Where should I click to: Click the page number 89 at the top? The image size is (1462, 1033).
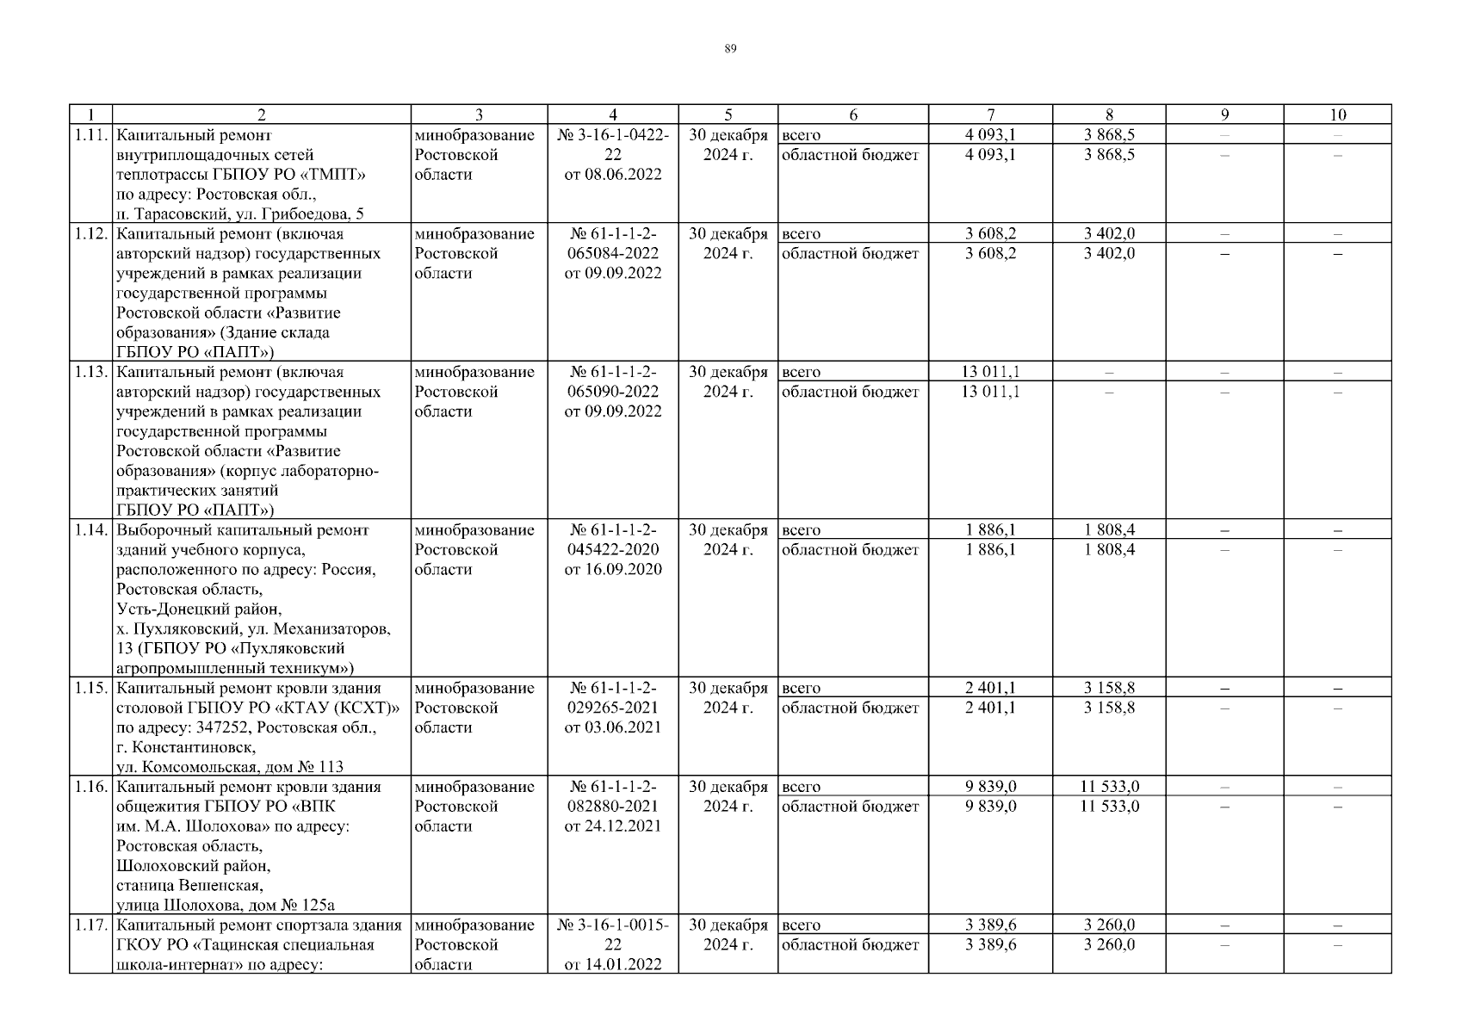tap(730, 49)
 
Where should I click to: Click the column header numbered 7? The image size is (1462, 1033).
tap(990, 114)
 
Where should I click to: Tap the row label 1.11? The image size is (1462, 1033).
tap(90, 135)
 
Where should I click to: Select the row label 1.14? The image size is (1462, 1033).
tap(90, 530)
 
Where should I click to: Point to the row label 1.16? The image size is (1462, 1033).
tap(90, 787)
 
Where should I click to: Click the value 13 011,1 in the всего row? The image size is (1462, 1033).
tap(990, 372)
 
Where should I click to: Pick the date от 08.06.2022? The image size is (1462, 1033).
tap(613, 175)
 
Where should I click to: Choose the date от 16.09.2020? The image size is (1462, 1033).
tap(613, 570)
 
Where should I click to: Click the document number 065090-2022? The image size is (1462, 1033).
tap(613, 392)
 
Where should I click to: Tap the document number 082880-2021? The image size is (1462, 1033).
tap(613, 807)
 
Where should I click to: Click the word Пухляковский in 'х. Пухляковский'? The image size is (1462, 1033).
tap(177, 629)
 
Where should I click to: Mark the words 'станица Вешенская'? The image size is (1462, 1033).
tap(189, 885)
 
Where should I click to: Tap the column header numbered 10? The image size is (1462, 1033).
tap(1337, 114)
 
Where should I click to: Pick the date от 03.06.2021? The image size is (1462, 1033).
tap(613, 727)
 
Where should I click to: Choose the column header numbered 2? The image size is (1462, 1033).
tap(262, 114)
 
